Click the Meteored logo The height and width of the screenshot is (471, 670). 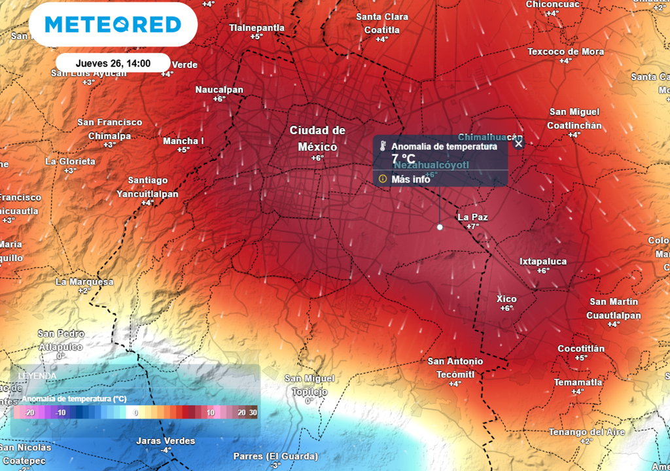pos(113,25)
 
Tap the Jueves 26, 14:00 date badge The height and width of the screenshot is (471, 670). pos(113,63)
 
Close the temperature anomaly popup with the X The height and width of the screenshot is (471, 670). pos(518,143)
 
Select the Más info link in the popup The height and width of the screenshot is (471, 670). pos(410,179)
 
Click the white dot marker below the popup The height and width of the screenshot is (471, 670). pos(440,227)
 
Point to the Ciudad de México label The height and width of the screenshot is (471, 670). pos(317,138)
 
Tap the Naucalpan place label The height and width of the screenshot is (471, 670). pos(219,90)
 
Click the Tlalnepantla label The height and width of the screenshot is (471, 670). pos(256,27)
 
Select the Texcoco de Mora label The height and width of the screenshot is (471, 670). pos(565,52)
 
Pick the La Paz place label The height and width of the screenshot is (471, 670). pos(472,217)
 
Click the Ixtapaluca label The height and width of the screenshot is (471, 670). pos(543,261)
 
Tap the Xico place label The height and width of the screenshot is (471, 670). pos(507,299)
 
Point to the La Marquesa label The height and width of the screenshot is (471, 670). pos(84,282)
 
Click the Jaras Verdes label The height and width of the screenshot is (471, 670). pos(166,441)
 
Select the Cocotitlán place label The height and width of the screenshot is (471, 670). pos(581,349)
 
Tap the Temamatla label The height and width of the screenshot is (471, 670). pos(578,382)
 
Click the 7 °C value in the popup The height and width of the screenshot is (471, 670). pos(403,158)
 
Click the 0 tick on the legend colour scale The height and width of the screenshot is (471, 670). pos(136,413)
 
